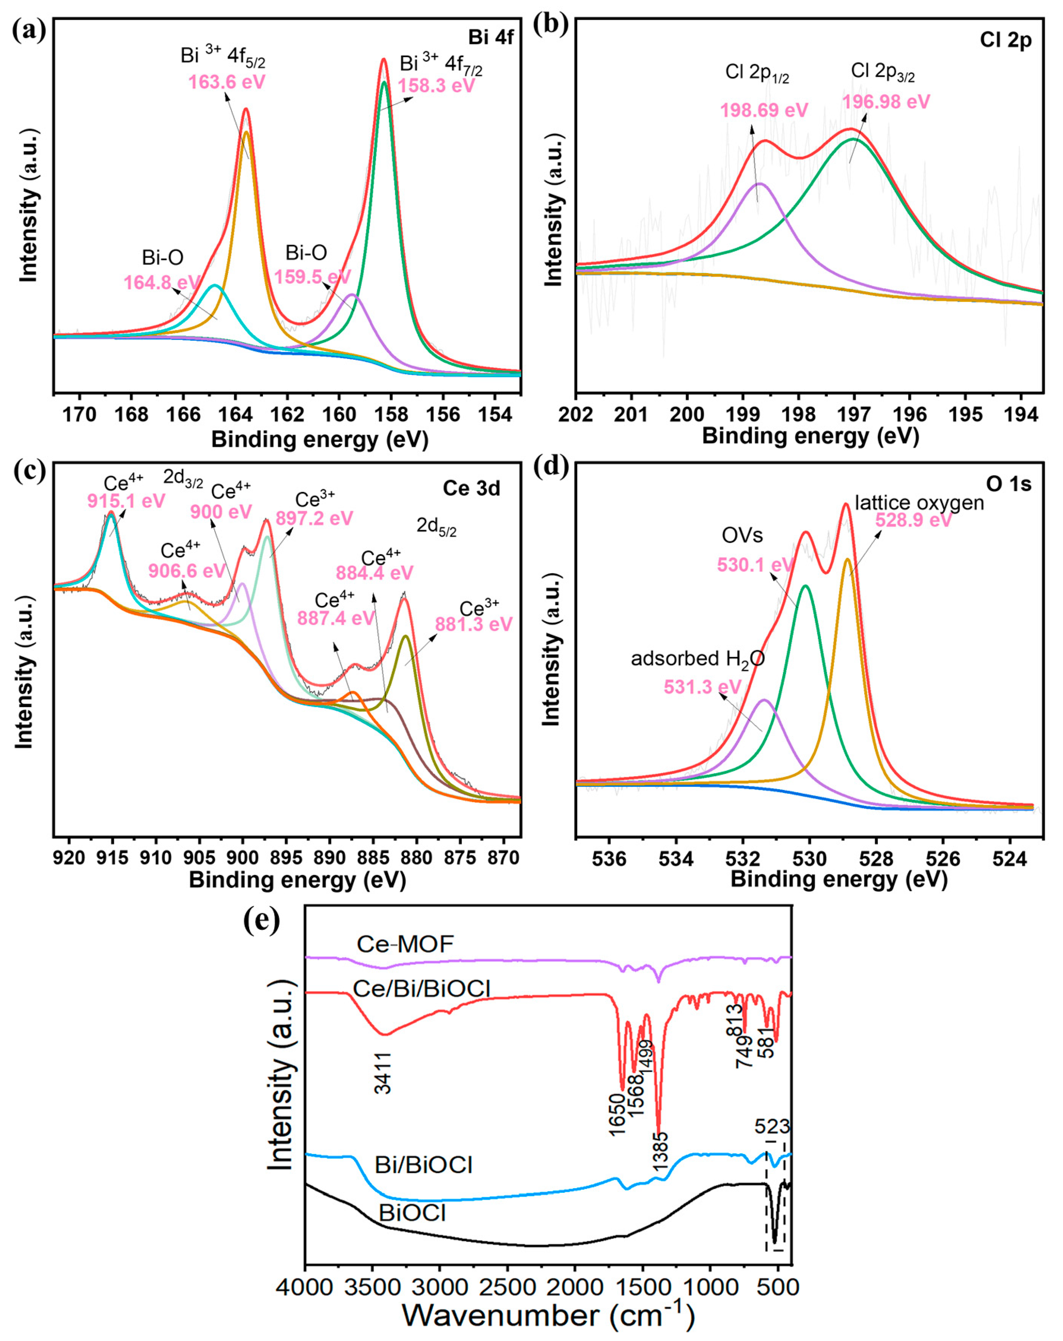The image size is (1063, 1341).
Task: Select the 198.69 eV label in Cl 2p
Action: point(764,111)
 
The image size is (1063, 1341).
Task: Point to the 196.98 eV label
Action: point(886,102)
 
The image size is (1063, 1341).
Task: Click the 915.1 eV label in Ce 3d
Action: point(126,501)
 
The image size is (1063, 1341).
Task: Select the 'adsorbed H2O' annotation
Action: point(697,659)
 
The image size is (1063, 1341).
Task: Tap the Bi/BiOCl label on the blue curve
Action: point(424,1164)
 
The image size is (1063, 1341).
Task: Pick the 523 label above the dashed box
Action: point(772,1126)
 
